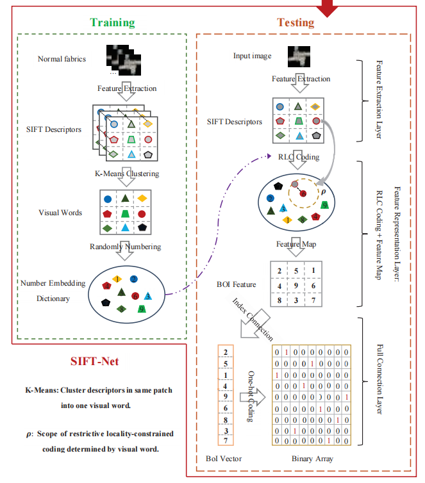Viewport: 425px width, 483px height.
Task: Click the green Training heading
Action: click(112, 22)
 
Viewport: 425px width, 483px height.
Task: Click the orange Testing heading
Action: click(296, 22)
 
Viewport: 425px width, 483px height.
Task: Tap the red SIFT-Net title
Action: click(96, 361)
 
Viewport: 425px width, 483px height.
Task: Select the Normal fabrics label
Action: click(62, 60)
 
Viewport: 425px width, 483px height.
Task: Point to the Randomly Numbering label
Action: click(125, 247)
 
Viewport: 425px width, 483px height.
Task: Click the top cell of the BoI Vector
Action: click(226, 352)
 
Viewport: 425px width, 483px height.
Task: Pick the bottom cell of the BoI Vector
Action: click(226, 440)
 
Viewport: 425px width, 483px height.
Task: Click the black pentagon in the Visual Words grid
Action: click(140, 227)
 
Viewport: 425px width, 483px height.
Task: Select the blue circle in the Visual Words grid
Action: click(107, 198)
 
